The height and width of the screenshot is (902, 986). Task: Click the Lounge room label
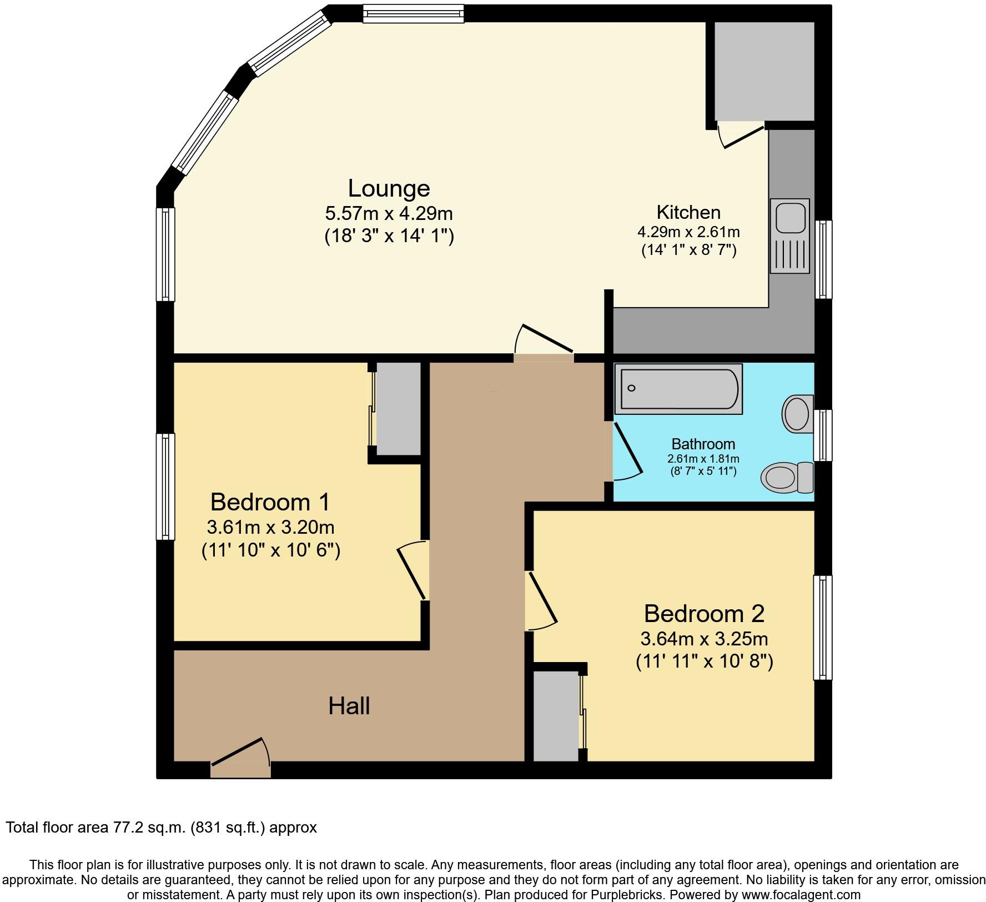pos(389,189)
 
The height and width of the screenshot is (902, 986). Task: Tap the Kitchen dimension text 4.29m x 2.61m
pos(688,232)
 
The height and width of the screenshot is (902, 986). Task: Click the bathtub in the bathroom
pos(678,389)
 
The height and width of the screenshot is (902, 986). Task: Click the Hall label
pos(349,706)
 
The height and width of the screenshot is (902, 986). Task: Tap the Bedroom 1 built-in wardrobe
pos(398,408)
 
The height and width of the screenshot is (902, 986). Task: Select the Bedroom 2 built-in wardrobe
pos(556,716)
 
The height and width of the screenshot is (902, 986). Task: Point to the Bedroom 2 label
pos(704,614)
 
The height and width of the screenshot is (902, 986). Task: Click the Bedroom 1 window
pos(165,487)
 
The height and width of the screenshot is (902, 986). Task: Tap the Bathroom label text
pos(703,444)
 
